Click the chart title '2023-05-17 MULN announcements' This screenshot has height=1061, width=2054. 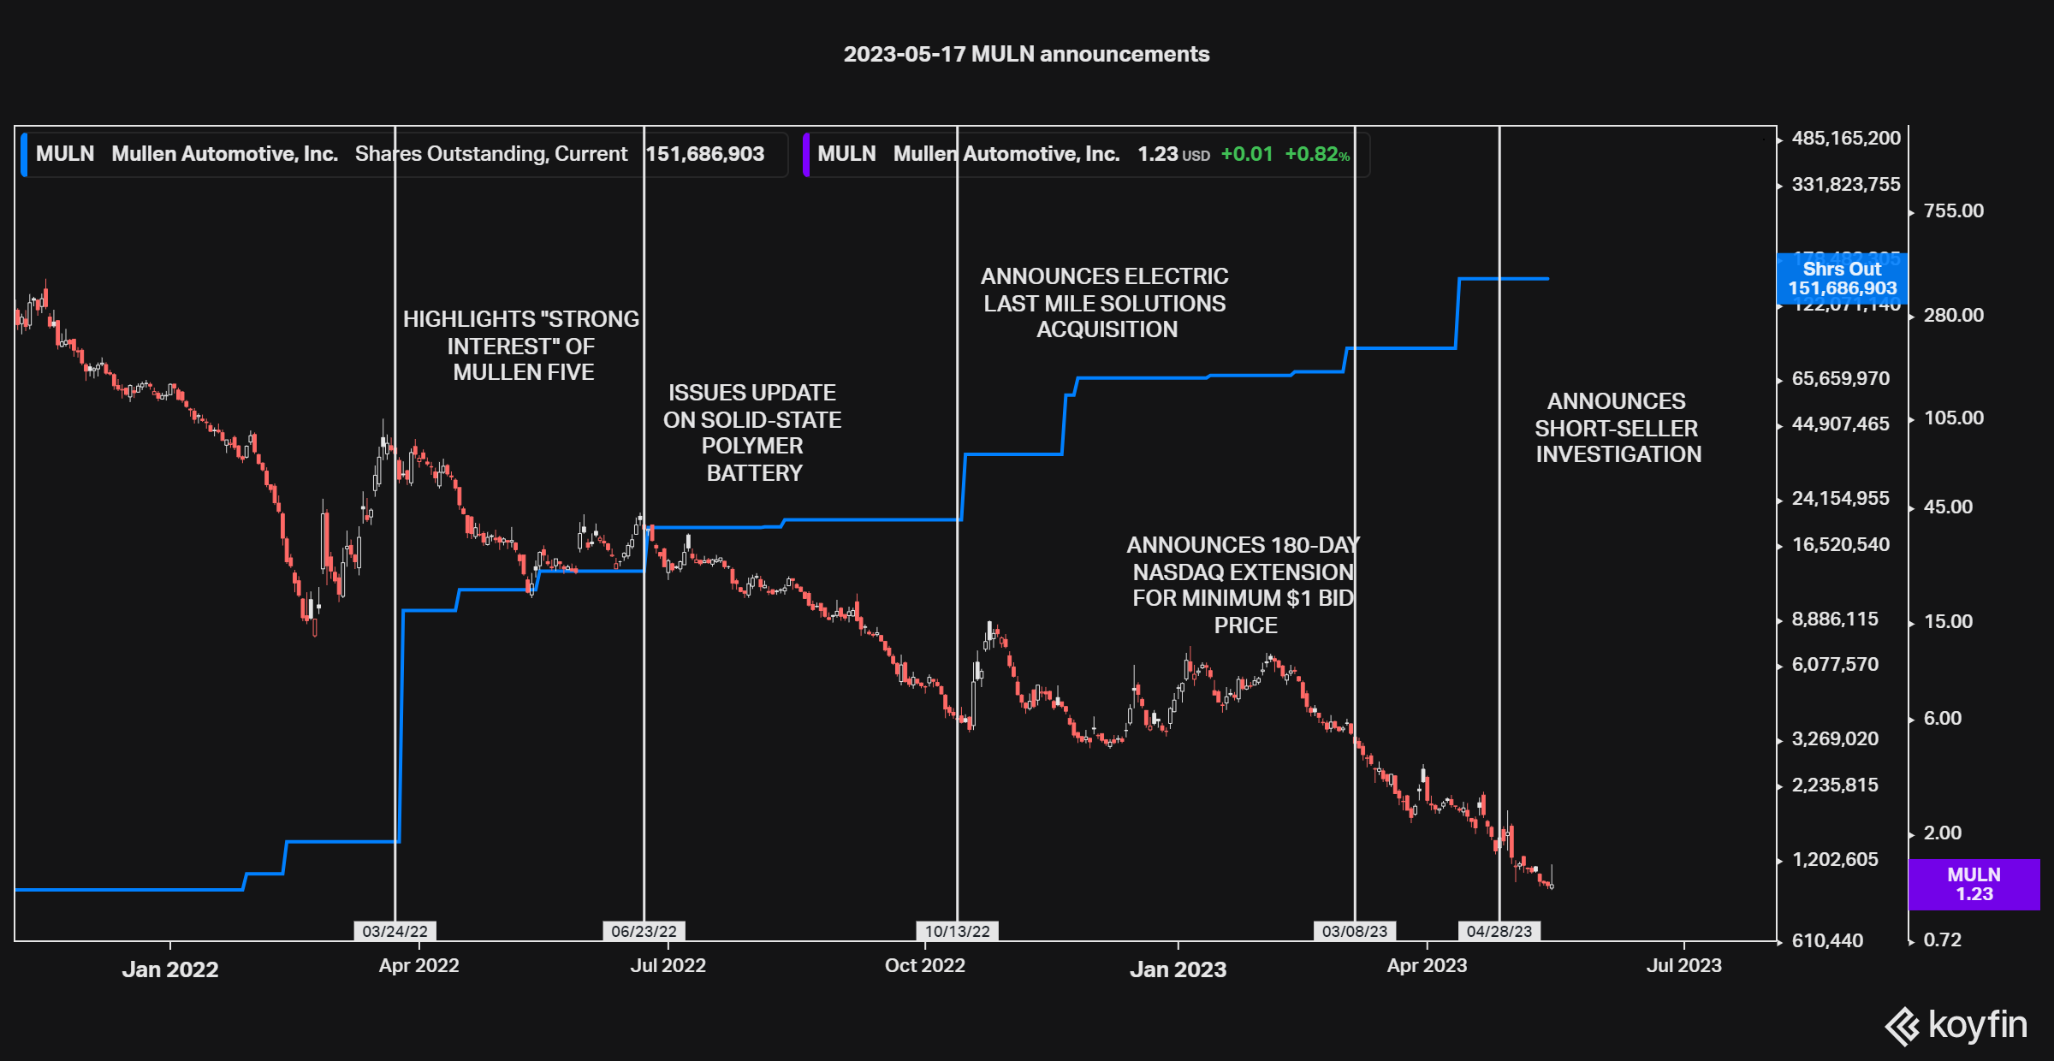(1026, 54)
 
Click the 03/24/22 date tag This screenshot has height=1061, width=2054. (395, 931)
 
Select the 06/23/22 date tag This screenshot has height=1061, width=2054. (644, 931)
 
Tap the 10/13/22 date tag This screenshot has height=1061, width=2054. (957, 931)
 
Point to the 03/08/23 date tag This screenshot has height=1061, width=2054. (1355, 931)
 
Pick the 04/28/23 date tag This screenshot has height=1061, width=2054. (1499, 931)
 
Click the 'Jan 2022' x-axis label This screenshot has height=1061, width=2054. (170, 969)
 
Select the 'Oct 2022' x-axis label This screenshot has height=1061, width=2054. (924, 965)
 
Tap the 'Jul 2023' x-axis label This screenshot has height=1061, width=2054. (1683, 965)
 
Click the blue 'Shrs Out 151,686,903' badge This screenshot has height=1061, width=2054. (1842, 279)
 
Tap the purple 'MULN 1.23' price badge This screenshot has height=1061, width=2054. (1974, 884)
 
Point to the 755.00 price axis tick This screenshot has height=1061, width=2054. (1953, 211)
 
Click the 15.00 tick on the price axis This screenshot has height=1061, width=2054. (1948, 622)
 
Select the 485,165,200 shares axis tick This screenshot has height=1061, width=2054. (1845, 139)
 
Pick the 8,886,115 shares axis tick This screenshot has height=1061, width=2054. (1835, 619)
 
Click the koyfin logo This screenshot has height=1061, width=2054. (1956, 1025)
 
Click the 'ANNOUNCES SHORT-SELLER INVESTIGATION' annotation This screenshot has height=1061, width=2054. (1618, 428)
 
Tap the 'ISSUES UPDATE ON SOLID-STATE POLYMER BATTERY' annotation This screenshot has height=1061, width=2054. (752, 433)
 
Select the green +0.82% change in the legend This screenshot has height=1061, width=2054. (1317, 154)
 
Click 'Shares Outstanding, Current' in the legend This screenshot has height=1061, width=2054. (491, 154)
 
